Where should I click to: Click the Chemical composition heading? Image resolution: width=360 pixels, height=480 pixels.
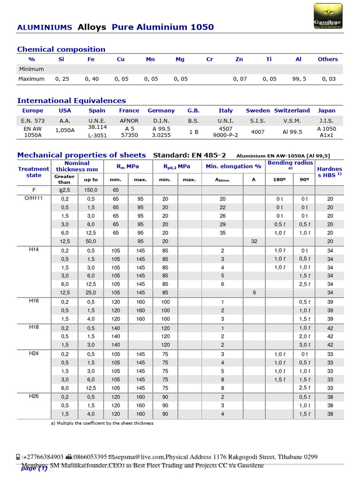point(61,49)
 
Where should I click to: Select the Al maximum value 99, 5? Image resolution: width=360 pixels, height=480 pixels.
point(299,79)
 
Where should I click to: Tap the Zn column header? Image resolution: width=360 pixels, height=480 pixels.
point(239,60)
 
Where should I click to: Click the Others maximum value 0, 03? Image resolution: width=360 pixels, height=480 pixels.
point(328,79)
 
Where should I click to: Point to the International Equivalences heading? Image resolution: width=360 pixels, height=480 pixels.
point(71,100)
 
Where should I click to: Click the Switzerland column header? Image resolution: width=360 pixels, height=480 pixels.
point(292,111)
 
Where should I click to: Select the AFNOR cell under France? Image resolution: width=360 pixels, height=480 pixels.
point(129,120)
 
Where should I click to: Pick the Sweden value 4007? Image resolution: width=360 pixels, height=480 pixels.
point(258,132)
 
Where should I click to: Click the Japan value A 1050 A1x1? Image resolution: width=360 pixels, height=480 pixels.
point(326,132)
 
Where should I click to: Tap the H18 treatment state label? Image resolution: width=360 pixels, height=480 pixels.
point(34,327)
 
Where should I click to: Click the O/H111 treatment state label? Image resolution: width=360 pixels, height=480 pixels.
point(34,199)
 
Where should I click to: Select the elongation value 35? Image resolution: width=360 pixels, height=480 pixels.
point(223,232)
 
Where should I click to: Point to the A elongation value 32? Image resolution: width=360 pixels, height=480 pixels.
point(254,241)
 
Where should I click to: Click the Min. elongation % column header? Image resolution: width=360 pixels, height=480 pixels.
point(233,166)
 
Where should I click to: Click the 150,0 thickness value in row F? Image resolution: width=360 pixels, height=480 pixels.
point(90,190)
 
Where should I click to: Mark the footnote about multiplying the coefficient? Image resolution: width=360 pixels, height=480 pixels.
point(102,423)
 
